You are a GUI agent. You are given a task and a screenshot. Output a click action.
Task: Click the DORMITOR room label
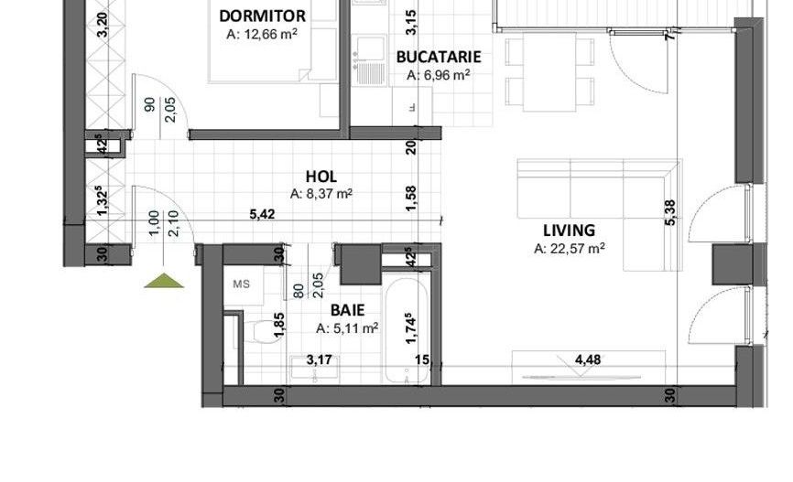[262, 16]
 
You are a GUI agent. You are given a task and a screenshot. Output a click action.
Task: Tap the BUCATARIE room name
[439, 57]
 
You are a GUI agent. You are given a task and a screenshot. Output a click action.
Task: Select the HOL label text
[321, 177]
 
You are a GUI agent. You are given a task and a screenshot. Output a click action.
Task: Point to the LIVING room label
[569, 230]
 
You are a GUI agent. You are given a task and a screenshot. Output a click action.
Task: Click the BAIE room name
[347, 310]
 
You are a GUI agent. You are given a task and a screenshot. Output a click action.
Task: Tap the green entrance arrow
[163, 281]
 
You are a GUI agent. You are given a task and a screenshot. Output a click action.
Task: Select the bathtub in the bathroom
[407, 331]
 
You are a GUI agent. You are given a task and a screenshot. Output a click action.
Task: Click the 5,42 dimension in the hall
[263, 214]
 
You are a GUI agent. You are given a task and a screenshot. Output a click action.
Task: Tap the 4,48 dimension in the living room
[588, 359]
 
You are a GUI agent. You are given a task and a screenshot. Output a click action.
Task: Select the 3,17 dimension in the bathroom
[319, 359]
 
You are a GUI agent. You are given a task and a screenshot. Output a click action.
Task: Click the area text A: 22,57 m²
[570, 249]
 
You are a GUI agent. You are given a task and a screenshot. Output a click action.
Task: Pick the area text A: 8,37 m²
[321, 194]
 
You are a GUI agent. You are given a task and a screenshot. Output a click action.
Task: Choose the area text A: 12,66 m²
[262, 35]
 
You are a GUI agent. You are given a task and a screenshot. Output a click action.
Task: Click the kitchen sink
[369, 59]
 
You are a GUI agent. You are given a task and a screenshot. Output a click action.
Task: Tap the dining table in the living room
[549, 71]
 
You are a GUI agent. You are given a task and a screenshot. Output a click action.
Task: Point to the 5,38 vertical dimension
[670, 213]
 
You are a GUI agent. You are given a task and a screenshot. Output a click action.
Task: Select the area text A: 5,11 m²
[347, 329]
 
